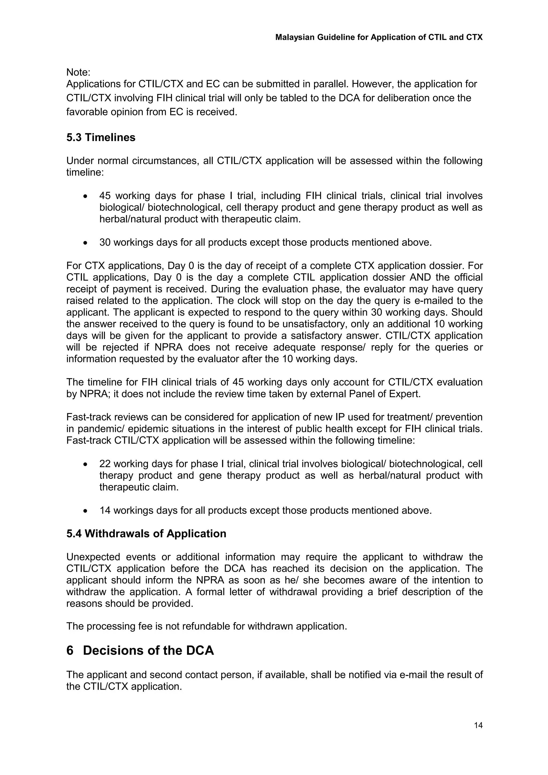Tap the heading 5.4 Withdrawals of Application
click(146, 533)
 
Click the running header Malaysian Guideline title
click(379, 37)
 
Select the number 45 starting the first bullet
click(105, 196)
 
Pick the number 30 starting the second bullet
click(105, 242)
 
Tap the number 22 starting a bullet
click(105, 464)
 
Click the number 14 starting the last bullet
click(105, 510)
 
